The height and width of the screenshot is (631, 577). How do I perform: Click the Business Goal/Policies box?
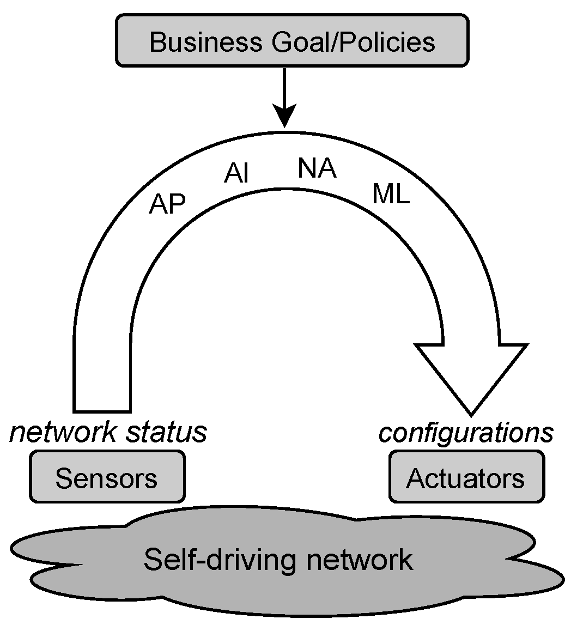click(292, 41)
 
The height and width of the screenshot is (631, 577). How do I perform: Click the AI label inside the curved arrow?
click(236, 174)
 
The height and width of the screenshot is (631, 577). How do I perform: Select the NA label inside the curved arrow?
click(317, 169)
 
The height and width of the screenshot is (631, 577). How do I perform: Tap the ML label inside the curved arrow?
click(391, 194)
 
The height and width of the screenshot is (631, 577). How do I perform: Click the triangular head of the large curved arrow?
click(471, 376)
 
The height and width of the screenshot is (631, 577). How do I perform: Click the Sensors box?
click(107, 478)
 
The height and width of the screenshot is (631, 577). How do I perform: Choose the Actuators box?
click(466, 478)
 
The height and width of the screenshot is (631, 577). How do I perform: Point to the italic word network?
click(63, 433)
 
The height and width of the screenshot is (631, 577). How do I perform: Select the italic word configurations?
click(466, 433)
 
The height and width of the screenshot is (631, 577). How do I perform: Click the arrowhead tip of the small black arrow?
click(284, 126)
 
